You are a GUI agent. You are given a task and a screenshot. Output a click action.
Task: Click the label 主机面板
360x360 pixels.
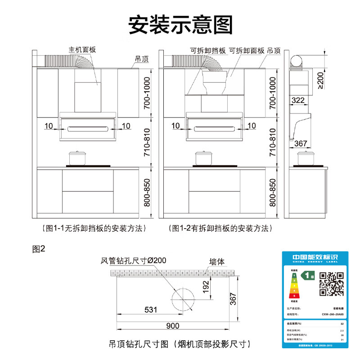click(x=82, y=50)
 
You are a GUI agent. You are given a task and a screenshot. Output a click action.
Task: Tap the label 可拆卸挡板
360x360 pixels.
click(x=207, y=50)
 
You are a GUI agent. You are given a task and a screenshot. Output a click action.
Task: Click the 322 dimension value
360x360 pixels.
click(x=298, y=100)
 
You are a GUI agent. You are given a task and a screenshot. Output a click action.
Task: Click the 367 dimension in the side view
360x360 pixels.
click(x=301, y=144)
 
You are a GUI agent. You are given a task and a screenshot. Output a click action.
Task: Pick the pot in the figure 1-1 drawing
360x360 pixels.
click(x=77, y=158)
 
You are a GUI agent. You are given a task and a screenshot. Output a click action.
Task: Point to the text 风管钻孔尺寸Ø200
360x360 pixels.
click(x=133, y=261)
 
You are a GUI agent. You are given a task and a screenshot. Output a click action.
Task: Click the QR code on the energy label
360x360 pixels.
click(x=332, y=284)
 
